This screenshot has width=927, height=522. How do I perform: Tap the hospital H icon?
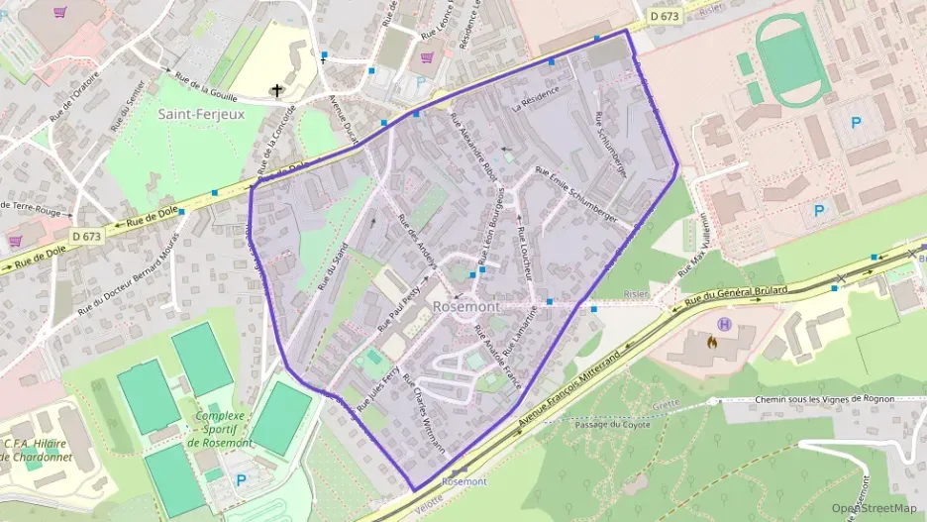point(725,324)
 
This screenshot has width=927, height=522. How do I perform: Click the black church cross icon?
point(278,91)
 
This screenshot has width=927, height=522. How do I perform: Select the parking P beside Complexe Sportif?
point(241,481)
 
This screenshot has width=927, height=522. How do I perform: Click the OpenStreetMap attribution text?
point(874,508)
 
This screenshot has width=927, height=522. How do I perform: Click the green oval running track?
point(793,60)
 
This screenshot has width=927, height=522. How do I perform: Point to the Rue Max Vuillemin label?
point(694,247)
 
